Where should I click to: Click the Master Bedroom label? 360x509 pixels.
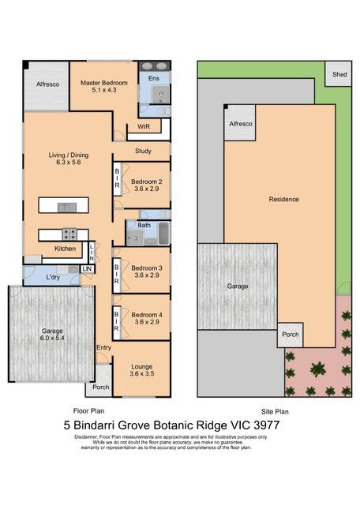104,83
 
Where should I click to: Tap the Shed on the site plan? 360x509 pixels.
338,74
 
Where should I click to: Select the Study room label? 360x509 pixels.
143,151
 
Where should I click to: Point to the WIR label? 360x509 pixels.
144,126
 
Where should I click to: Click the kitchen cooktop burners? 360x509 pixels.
69,234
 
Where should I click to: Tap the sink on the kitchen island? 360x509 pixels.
67,207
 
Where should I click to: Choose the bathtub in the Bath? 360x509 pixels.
164,233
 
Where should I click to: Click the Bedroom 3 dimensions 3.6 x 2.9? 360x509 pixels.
147,275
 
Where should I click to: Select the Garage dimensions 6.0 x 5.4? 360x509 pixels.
52,338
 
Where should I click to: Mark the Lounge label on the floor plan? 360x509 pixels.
142,366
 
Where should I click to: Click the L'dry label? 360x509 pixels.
53,277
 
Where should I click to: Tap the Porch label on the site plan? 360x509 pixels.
291,335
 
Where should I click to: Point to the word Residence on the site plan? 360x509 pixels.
283,199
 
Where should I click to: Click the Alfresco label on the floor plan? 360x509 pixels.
47,84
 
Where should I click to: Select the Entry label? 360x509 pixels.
104,347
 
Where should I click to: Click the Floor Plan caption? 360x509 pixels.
88,411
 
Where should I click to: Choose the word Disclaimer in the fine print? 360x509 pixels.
86,437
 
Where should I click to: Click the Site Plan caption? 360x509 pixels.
275,412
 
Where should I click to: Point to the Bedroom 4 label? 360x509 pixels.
147,315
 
